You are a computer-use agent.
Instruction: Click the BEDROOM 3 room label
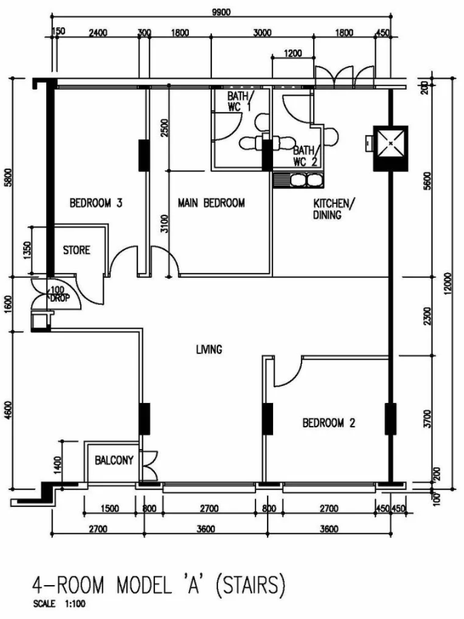coord(96,203)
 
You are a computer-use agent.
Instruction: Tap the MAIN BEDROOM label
coord(211,203)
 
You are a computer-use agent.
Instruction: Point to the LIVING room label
coord(209,349)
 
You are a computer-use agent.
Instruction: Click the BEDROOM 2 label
coord(329,423)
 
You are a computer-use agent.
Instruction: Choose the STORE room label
coord(77,250)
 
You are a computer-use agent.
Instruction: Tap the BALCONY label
coord(114,460)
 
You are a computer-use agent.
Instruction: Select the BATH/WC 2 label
coord(306,156)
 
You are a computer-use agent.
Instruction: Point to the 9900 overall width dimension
coord(221,12)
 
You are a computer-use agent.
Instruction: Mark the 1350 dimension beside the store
coord(26,251)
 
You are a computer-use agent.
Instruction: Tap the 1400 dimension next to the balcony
coord(57,465)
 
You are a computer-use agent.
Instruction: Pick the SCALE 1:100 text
coord(59,603)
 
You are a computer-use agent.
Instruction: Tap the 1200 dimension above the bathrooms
coord(293,53)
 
